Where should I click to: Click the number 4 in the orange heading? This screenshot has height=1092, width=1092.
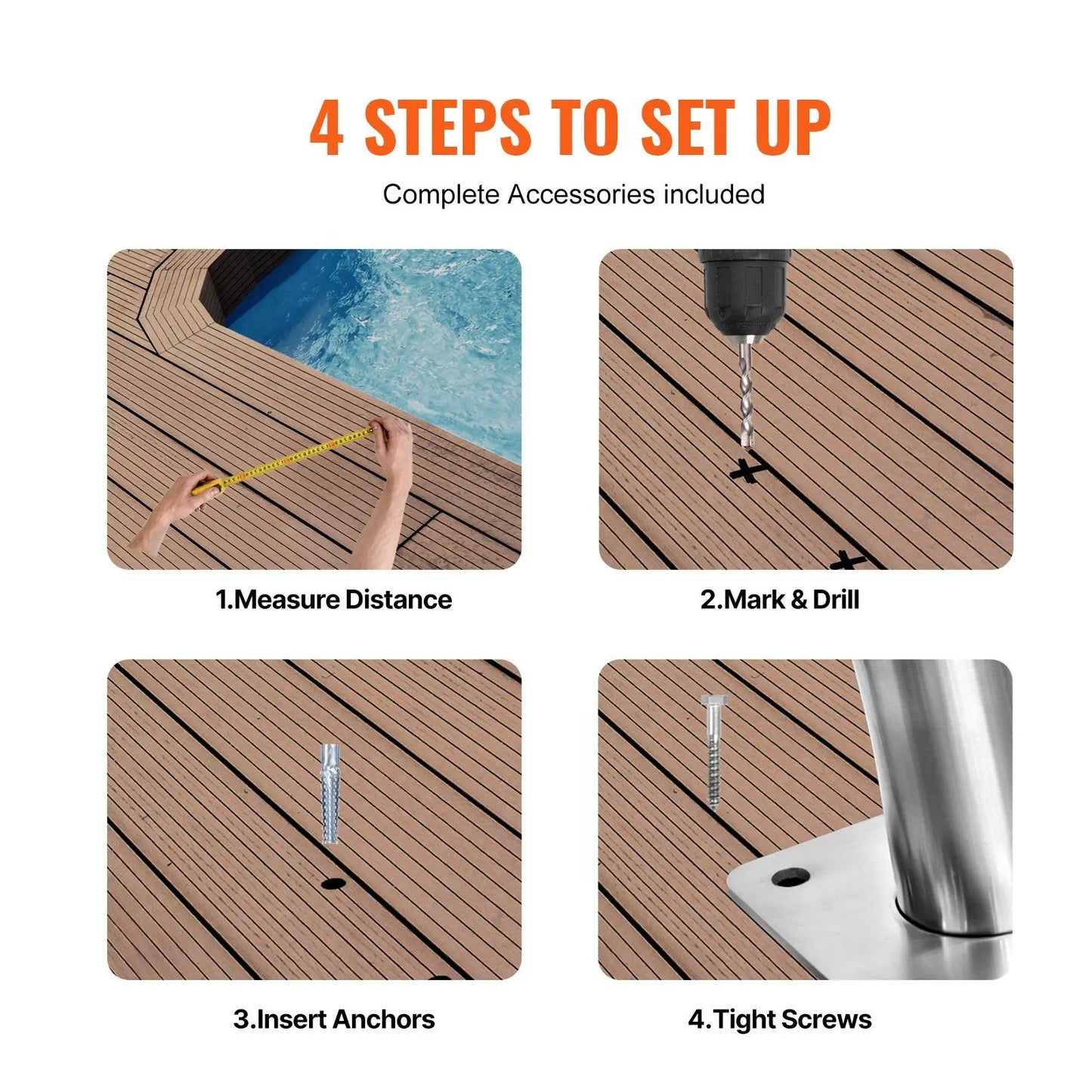tap(326, 127)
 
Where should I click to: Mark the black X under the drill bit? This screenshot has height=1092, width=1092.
tap(748, 471)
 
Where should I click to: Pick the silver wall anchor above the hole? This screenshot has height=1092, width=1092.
tap(330, 793)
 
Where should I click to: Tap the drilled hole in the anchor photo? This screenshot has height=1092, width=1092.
tap(333, 883)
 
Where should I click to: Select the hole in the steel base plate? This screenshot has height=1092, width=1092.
tap(790, 877)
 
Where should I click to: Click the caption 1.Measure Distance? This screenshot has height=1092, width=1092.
tap(333, 600)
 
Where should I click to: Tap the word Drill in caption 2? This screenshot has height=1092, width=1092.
tap(836, 600)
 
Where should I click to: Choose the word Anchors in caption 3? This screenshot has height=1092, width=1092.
tap(384, 1019)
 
